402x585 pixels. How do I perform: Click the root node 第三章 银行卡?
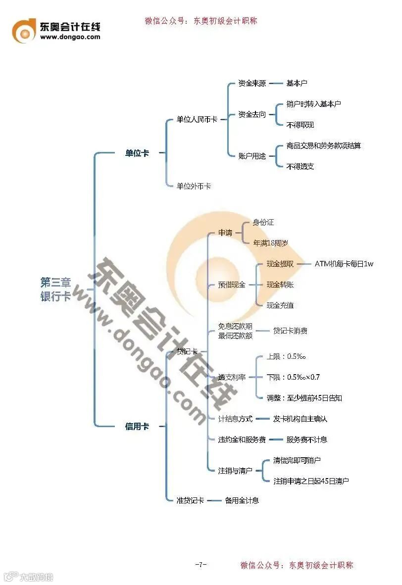[x=55, y=290]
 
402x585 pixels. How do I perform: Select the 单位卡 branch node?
[x=137, y=153]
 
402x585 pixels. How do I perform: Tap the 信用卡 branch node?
[x=137, y=426]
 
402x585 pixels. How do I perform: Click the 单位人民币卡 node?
[x=197, y=119]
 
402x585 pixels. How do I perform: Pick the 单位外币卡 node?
[x=194, y=186]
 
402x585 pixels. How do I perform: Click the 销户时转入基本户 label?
[x=313, y=104]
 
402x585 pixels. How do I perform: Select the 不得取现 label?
[x=300, y=125]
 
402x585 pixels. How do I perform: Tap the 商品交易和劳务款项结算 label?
[x=323, y=146]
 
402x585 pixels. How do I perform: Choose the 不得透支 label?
[x=300, y=166]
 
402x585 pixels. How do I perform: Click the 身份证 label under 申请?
[x=263, y=222]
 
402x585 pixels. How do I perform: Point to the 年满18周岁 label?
[x=270, y=243]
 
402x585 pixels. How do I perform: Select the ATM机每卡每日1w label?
[x=344, y=264]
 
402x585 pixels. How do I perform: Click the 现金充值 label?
[x=280, y=305]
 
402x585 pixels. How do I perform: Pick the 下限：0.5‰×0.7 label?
[x=293, y=377]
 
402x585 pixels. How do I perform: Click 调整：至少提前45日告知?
[x=304, y=398]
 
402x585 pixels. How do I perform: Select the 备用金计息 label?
[x=242, y=500]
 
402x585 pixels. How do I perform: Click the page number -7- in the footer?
[x=201, y=565]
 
